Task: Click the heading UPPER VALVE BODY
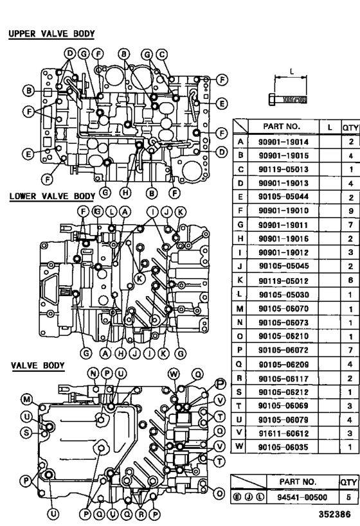[x=51, y=33]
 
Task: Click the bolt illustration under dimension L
[x=293, y=100]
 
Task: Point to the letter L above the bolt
[x=293, y=72]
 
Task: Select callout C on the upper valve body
[x=163, y=55]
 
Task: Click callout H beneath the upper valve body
[x=126, y=192]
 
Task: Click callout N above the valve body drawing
[x=93, y=373]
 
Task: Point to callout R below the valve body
[x=141, y=514]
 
